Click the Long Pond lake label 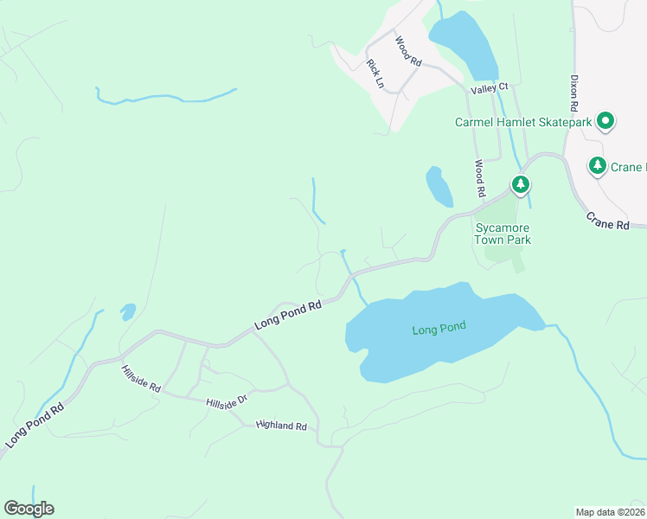click(439, 328)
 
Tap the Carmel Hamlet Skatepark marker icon click(606, 122)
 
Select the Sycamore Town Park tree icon click(520, 184)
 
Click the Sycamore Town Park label click(503, 234)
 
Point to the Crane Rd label click(607, 222)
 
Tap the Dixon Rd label click(573, 93)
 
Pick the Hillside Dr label click(227, 402)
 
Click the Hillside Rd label click(140, 379)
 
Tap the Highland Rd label click(282, 426)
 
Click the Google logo click(29, 509)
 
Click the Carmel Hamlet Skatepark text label click(523, 122)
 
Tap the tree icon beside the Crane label click(597, 164)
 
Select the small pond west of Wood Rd click(439, 186)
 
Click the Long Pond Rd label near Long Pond click(288, 314)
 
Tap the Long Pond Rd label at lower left click(35, 424)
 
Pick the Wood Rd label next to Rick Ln click(407, 52)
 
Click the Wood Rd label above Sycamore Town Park click(478, 177)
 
